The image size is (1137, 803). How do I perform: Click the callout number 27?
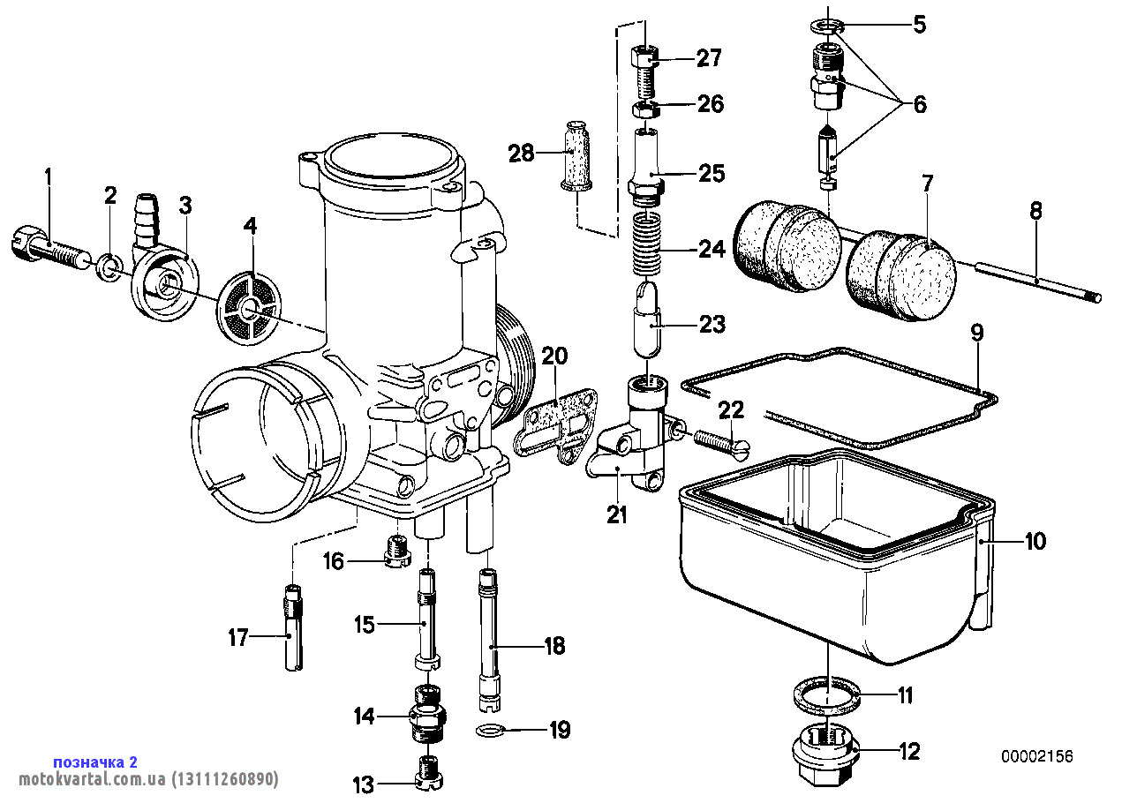[709, 58]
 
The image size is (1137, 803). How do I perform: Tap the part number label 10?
[1035, 540]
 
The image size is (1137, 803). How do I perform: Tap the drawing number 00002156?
[1037, 757]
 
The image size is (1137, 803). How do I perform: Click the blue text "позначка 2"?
[95, 762]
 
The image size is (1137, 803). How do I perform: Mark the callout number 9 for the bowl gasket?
[976, 334]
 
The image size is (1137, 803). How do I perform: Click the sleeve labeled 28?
[578, 154]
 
